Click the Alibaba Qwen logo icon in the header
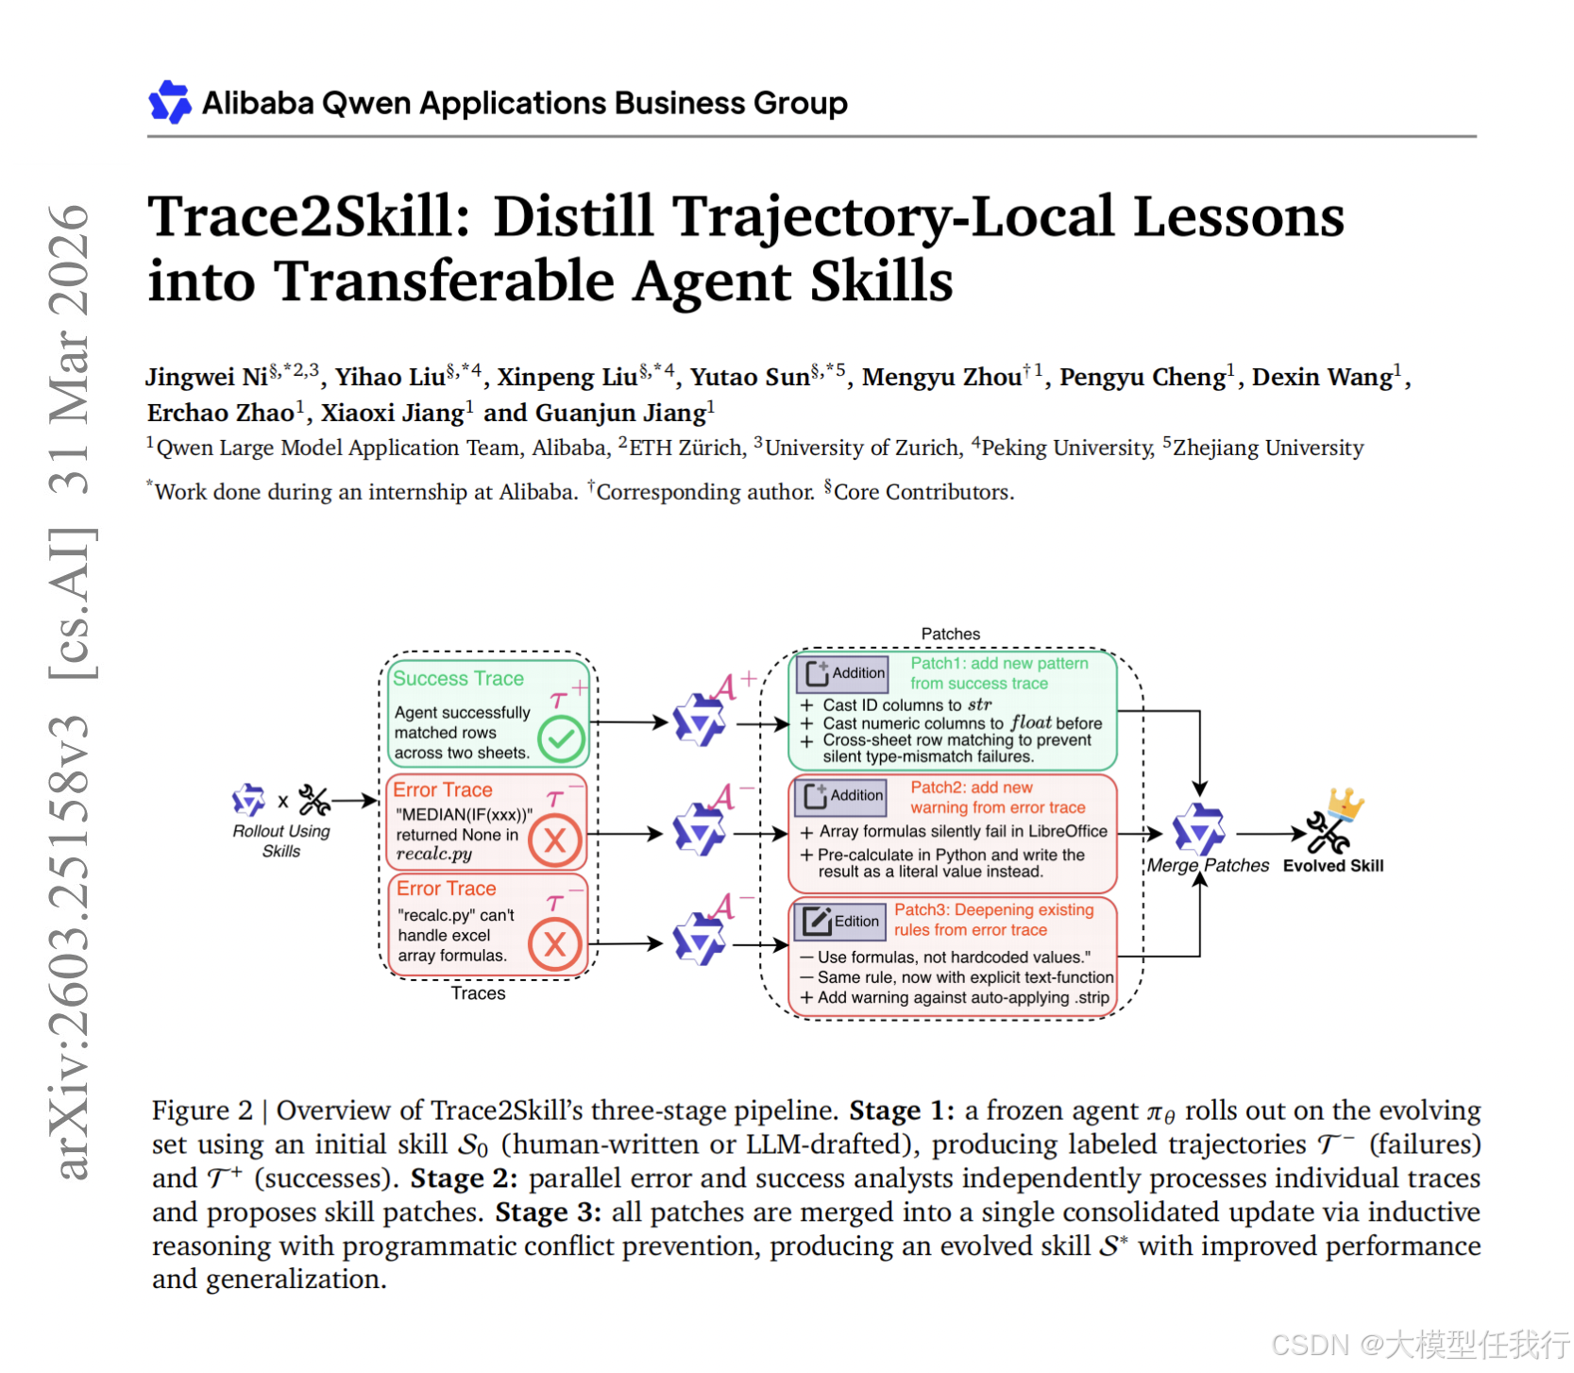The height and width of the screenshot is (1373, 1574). pos(170,102)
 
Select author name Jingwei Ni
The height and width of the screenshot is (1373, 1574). pos(207,378)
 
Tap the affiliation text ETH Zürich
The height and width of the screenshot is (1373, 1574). pos(686,448)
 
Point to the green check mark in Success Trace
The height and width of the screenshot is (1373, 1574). pos(561,738)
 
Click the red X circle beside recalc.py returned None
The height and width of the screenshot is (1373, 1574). pos(554,839)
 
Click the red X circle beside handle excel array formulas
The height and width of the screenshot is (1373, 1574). pos(554,943)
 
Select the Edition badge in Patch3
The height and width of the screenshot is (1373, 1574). pos(840,921)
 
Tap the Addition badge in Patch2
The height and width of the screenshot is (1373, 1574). pos(841,796)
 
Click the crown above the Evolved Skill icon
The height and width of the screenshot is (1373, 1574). pos(1345,803)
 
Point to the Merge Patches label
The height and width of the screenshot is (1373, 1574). pos(1208,866)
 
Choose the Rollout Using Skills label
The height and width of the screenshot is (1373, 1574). pos(281,840)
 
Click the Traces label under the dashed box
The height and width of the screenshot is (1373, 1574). pos(478,993)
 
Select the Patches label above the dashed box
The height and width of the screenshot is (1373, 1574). pos(950,634)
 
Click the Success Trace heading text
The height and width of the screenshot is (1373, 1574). pos(458,679)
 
